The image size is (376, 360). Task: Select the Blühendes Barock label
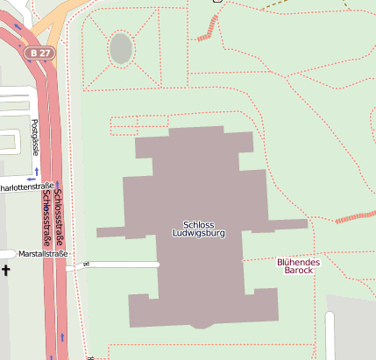click(x=298, y=266)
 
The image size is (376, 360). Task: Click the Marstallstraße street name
click(x=43, y=254)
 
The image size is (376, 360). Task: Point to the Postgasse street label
click(x=35, y=137)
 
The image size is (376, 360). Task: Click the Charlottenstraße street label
click(x=26, y=187)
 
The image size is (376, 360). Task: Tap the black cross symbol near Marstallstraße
click(x=6, y=271)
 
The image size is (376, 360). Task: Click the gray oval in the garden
click(x=121, y=49)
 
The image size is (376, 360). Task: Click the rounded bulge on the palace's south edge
click(x=202, y=323)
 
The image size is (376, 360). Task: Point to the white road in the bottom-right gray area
click(x=330, y=336)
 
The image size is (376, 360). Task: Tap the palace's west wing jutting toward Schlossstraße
click(x=110, y=232)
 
